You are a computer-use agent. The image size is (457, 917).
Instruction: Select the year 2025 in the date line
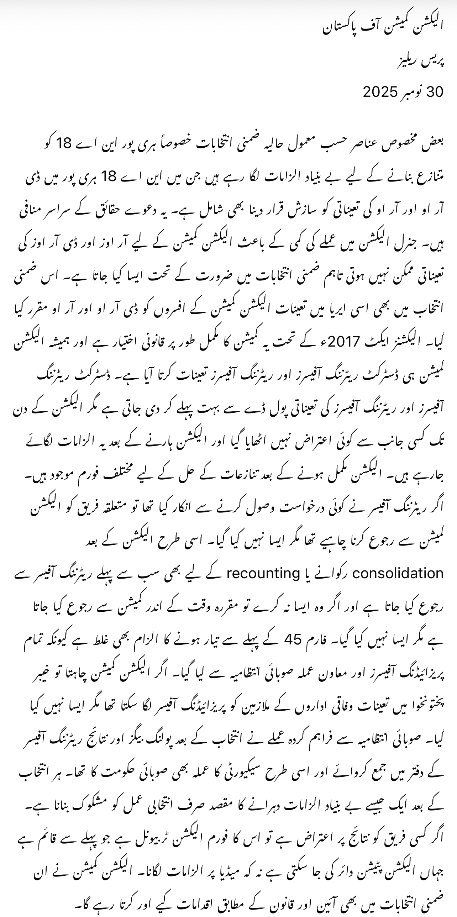pyautogui.click(x=380, y=92)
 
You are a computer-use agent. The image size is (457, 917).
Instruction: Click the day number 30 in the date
pyautogui.click(x=435, y=92)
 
